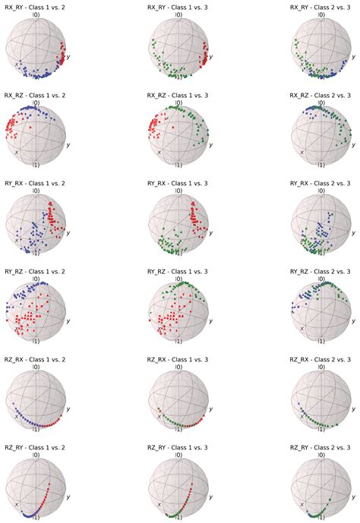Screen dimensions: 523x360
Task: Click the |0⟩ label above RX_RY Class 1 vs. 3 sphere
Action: [x=178, y=14]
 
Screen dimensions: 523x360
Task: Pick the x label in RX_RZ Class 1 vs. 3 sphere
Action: [x=159, y=151]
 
